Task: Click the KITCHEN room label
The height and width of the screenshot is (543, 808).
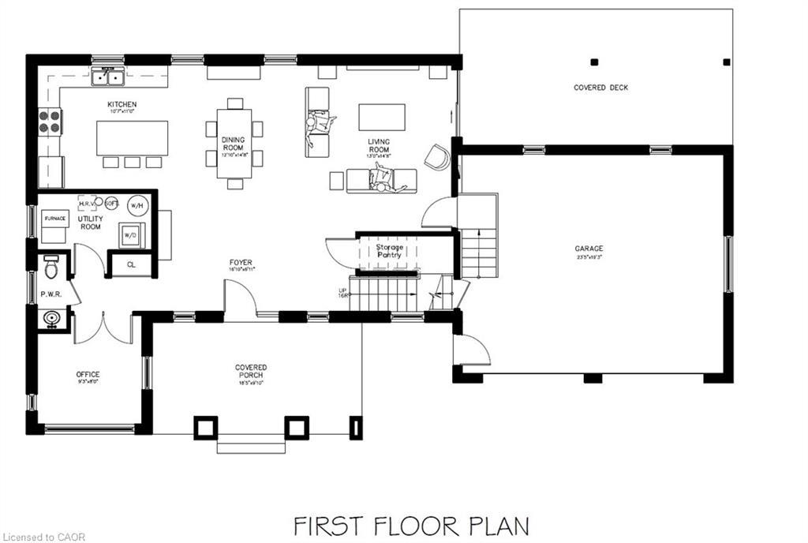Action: (122, 105)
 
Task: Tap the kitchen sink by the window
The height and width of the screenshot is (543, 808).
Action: (108, 77)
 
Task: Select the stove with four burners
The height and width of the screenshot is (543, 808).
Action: (50, 121)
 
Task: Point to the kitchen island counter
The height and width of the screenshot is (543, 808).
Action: (132, 137)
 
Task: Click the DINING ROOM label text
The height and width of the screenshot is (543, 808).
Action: (234, 144)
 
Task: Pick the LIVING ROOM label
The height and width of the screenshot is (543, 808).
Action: (379, 145)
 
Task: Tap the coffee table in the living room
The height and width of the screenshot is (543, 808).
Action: (382, 117)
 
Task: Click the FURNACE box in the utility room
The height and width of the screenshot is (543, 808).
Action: (54, 218)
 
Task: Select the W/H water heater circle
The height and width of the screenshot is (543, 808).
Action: (137, 205)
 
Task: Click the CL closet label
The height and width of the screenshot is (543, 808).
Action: (131, 264)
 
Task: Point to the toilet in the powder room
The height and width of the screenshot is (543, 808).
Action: (51, 268)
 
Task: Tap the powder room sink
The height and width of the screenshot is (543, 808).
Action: (52, 320)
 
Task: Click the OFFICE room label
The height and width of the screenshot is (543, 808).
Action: (87, 375)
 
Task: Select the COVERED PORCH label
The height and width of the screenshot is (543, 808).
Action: (251, 368)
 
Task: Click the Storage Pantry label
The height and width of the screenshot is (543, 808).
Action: (389, 251)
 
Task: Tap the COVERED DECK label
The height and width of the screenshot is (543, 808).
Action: (600, 88)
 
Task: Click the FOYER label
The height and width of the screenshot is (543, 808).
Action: (241, 263)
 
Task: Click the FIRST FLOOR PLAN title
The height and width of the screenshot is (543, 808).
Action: (411, 525)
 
